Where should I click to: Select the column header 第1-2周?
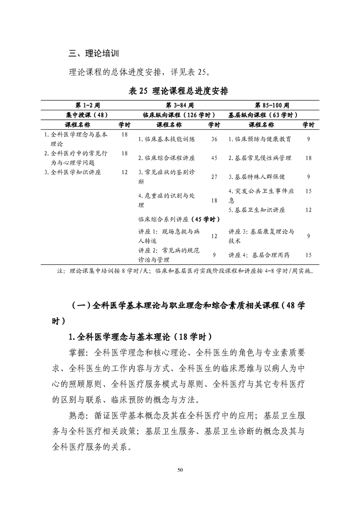click(x=88, y=105)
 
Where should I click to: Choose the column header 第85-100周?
click(x=272, y=105)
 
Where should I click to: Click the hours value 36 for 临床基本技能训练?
click(x=214, y=139)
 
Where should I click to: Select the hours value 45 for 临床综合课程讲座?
click(x=214, y=158)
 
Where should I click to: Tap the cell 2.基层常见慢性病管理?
click(x=260, y=158)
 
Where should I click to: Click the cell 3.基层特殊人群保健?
click(x=256, y=177)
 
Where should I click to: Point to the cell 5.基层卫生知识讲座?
click(x=256, y=210)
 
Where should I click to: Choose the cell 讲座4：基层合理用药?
click(x=257, y=255)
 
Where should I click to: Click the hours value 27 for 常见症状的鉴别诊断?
click(x=214, y=177)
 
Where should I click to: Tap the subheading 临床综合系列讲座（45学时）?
click(x=179, y=219)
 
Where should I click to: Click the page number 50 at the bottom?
click(x=180, y=470)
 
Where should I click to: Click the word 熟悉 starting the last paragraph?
click(x=77, y=415)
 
